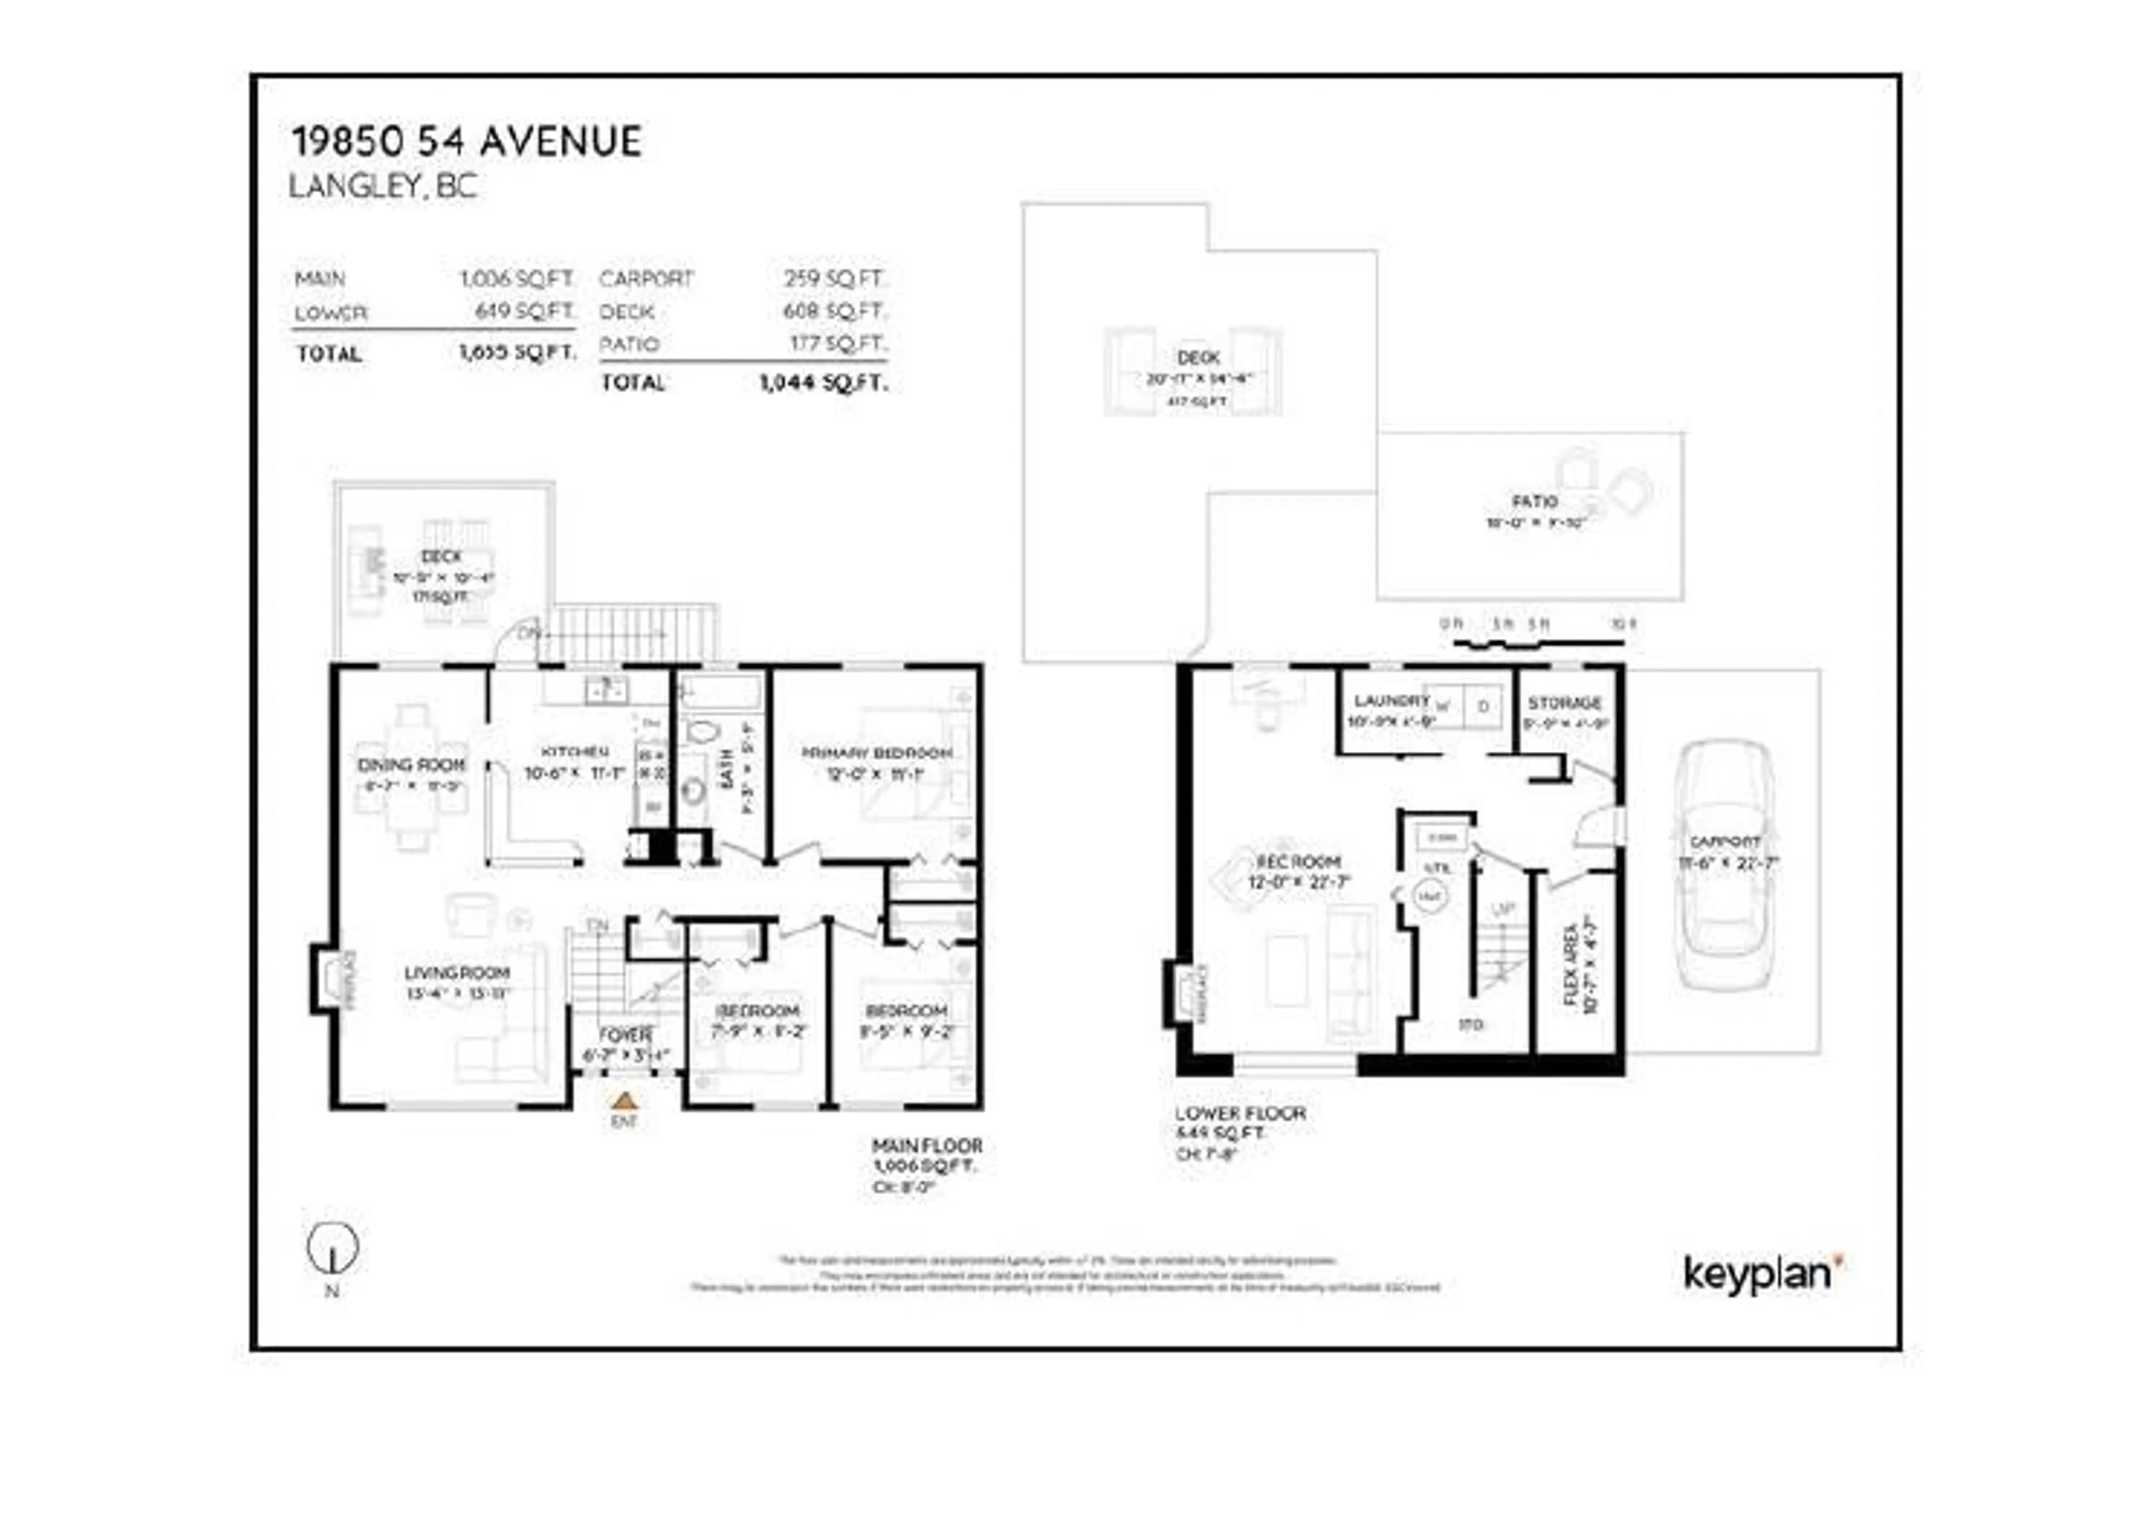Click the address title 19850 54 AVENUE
tap(467, 142)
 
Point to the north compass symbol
tap(333, 1249)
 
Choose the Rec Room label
tap(1299, 862)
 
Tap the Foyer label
tap(625, 1035)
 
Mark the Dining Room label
tap(411, 764)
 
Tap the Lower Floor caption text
tap(1240, 1113)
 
